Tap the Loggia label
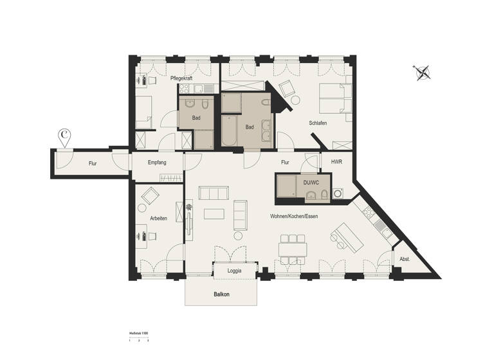tap(235, 271)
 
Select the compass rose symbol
tap(423, 72)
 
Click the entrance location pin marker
tap(65, 136)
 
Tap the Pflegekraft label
tap(182, 78)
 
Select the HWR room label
tap(336, 163)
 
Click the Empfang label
tap(157, 163)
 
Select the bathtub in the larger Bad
tap(230, 130)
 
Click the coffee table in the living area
tap(214, 213)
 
